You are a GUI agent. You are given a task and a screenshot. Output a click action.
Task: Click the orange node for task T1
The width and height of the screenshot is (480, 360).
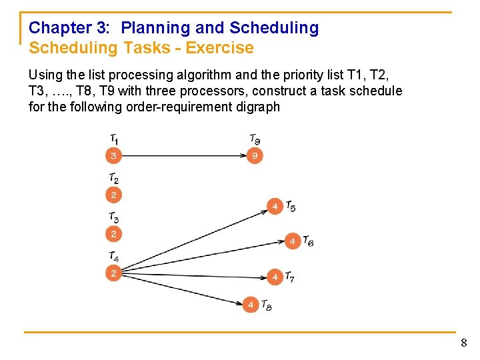114,156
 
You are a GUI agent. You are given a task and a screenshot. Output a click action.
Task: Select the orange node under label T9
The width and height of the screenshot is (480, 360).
253,156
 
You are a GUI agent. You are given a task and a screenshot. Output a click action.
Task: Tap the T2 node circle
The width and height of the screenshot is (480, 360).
114,195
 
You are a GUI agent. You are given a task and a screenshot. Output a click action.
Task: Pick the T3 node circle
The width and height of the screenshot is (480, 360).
114,234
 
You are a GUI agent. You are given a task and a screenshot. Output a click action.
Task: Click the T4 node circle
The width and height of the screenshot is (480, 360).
114,273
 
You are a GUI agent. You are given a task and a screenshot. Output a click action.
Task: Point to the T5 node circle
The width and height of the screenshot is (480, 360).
275,207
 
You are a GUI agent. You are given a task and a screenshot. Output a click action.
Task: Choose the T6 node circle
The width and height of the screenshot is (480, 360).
293,241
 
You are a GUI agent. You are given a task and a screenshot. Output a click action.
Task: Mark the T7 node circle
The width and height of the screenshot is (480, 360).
275,277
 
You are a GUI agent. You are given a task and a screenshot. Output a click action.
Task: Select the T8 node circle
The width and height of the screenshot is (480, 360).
251,305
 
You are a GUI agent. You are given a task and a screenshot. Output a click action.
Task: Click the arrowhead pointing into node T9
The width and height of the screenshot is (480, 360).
243,156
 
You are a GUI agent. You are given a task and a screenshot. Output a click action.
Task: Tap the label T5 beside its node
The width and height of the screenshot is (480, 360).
291,206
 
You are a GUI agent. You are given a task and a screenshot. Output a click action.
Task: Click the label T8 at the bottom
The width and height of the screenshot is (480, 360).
266,305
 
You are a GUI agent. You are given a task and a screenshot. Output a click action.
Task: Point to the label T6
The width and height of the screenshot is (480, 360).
308,241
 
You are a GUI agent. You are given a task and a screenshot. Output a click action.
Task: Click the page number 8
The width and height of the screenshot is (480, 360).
464,343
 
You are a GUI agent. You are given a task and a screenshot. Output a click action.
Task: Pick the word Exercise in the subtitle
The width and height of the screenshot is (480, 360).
220,48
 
